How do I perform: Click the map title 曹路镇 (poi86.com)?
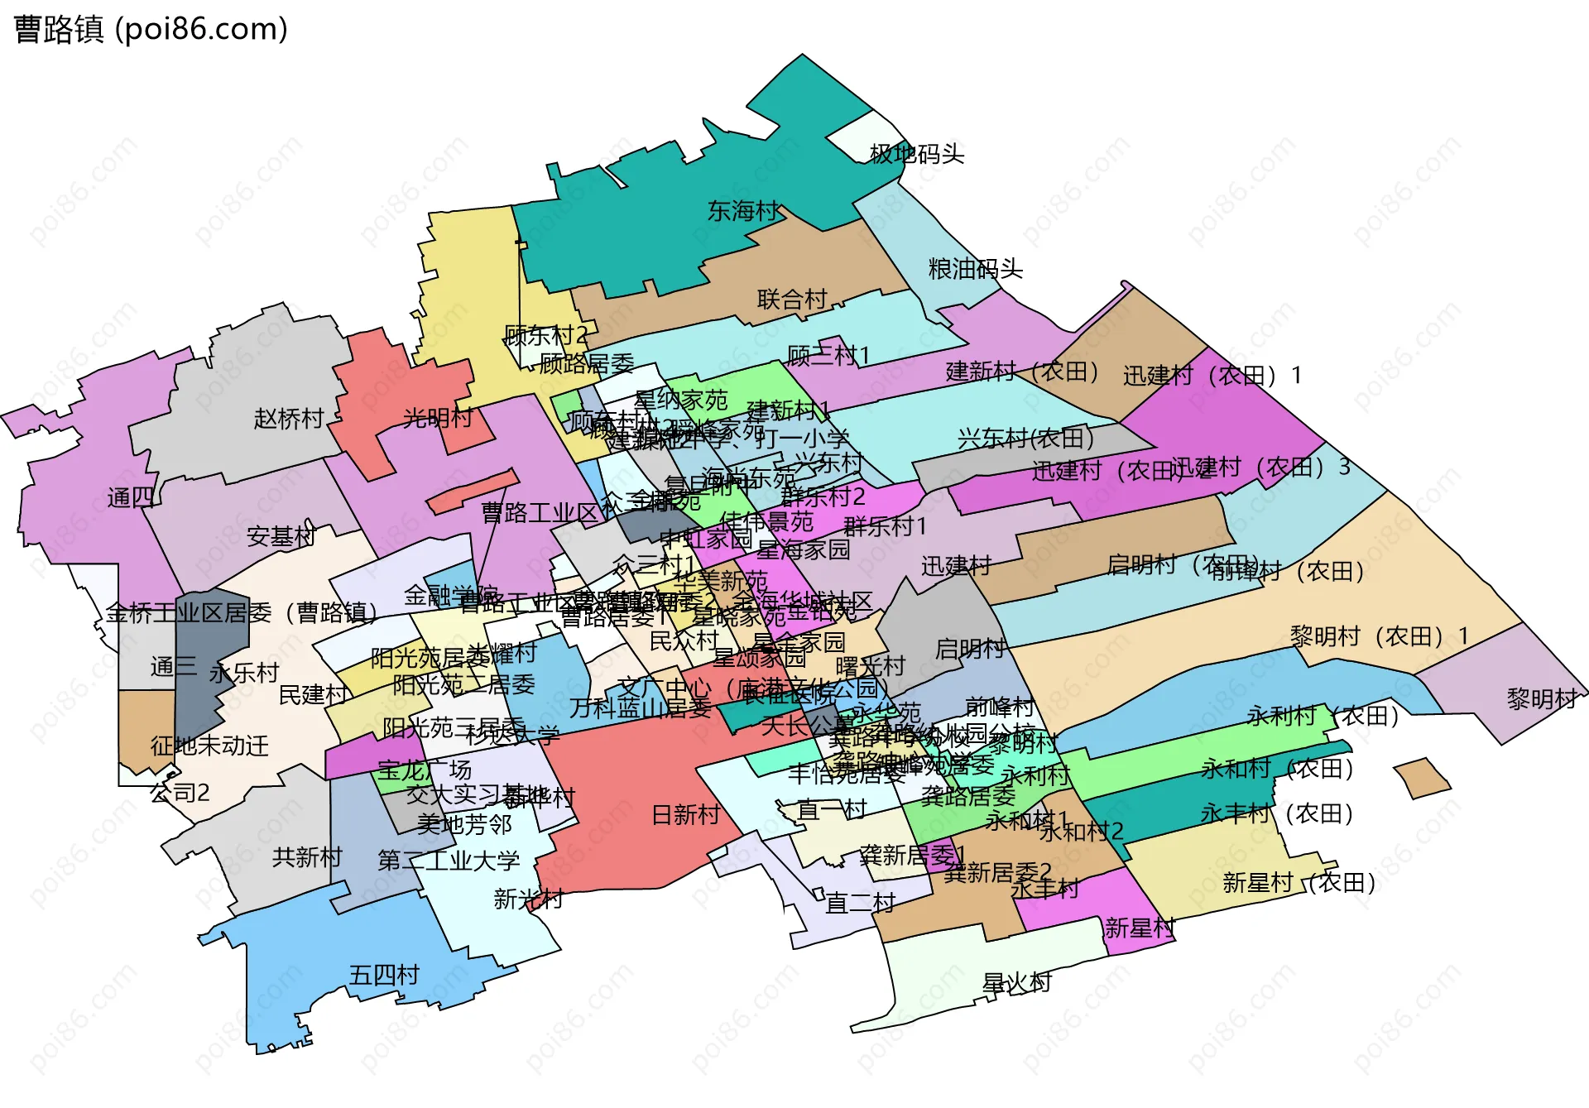click(x=151, y=29)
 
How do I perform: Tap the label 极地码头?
click(x=916, y=154)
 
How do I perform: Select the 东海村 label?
click(x=742, y=211)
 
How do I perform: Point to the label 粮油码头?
click(x=975, y=269)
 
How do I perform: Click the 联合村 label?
click(x=792, y=300)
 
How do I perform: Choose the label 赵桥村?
click(x=288, y=419)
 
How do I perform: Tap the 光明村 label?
click(x=437, y=418)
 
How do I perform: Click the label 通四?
click(x=131, y=497)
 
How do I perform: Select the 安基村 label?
click(x=281, y=537)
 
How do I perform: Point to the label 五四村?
click(x=384, y=975)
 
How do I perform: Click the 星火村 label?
click(x=1016, y=983)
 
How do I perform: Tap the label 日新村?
click(x=685, y=815)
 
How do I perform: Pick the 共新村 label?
click(x=306, y=856)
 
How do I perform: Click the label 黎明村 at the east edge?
click(x=1541, y=699)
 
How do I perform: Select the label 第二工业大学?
click(x=449, y=861)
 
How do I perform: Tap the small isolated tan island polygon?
click(x=1422, y=778)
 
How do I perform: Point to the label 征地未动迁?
click(x=209, y=746)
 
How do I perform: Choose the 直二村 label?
click(x=861, y=902)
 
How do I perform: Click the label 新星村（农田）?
click(x=1299, y=883)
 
